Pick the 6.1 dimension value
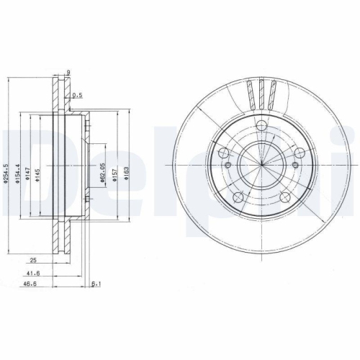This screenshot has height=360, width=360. (96, 286)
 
